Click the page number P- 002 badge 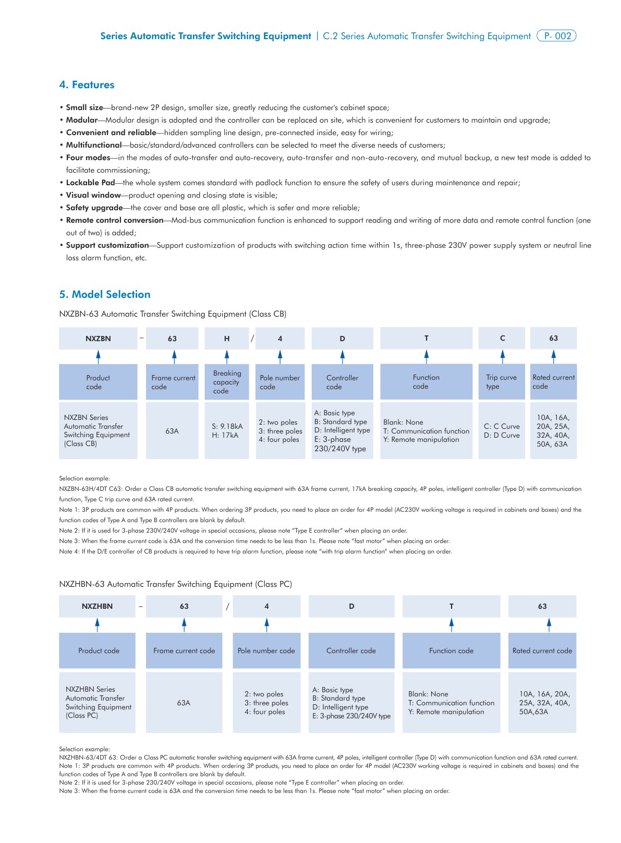pos(556,36)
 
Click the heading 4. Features pos(87,85)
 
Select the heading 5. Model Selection pos(104,294)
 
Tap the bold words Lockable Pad pos(90,183)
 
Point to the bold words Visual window pos(93,195)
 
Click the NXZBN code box pos(98,339)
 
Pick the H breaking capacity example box pos(227,339)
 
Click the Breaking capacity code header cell pos(227,382)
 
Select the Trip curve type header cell pos(502,382)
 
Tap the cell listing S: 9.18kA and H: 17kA pos(227,430)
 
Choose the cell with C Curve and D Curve pos(502,430)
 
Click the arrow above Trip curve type pos(502,356)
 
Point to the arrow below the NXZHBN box pos(97,624)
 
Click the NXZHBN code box pos(97,606)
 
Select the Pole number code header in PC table pos(266,651)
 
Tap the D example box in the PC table pos(351,606)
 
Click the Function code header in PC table pos(451,651)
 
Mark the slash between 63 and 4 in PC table pos(227,606)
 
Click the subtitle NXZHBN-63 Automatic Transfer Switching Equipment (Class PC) pos(175,584)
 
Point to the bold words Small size pos(84,107)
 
